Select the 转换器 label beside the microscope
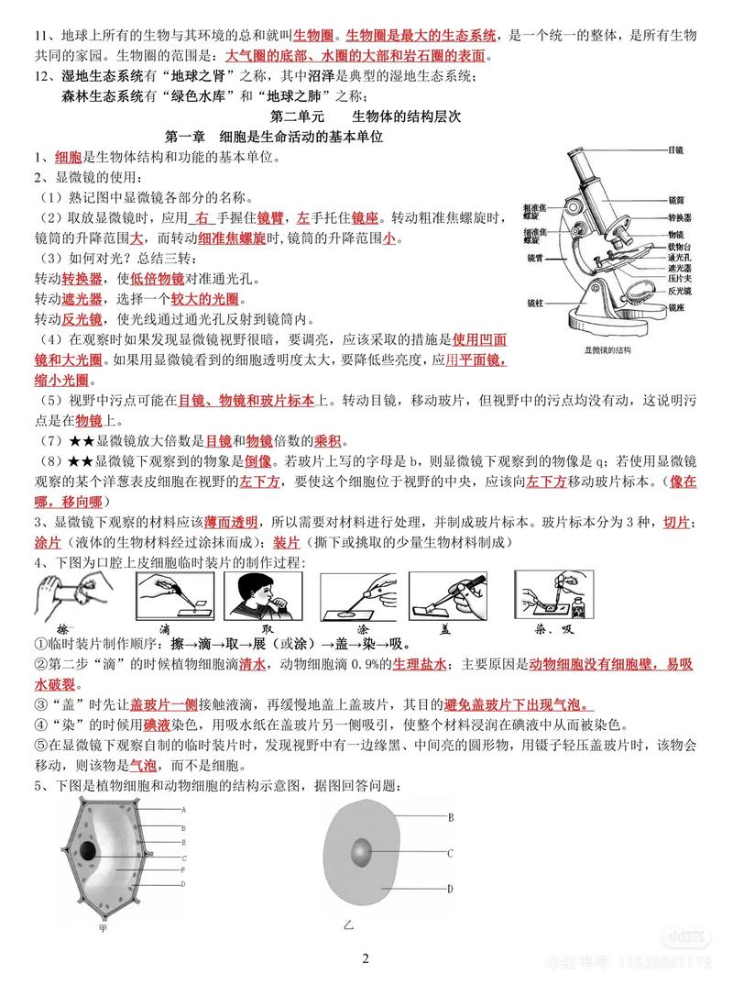[680, 216]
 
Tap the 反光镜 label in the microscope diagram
[680, 290]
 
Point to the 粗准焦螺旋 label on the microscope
[535, 212]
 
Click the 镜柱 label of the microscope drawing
[537, 302]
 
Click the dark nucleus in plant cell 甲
[88, 850]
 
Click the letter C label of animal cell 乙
[451, 853]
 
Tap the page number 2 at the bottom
[366, 959]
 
